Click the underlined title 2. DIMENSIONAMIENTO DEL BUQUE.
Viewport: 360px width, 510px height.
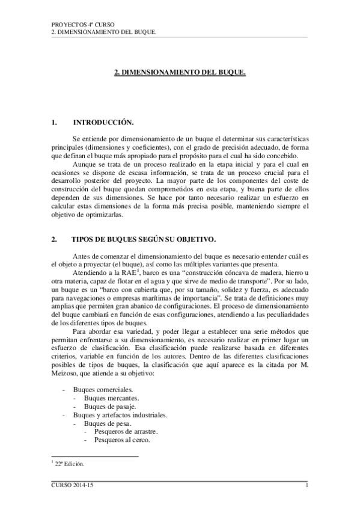[x=180, y=72]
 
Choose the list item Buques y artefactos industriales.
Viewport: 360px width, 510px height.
[x=120, y=415]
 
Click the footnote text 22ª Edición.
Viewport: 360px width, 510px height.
[x=70, y=464]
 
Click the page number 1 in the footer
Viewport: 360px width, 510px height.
[x=307, y=486]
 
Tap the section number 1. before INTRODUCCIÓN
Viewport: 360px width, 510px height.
[x=55, y=123]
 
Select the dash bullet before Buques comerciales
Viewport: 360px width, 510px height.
[x=64, y=390]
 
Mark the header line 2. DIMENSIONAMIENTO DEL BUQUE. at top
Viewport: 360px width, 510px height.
[x=105, y=32]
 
